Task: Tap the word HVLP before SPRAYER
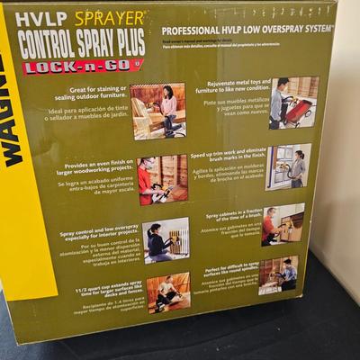(x=37, y=19)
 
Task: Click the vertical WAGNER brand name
(x=13, y=109)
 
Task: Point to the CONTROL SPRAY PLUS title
(x=81, y=42)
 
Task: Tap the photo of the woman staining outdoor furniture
(x=157, y=110)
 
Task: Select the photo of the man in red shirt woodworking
(x=162, y=180)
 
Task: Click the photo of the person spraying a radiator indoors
(x=166, y=240)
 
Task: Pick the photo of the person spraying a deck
(x=168, y=292)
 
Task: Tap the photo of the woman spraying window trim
(x=288, y=166)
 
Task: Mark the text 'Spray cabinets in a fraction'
(x=231, y=215)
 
